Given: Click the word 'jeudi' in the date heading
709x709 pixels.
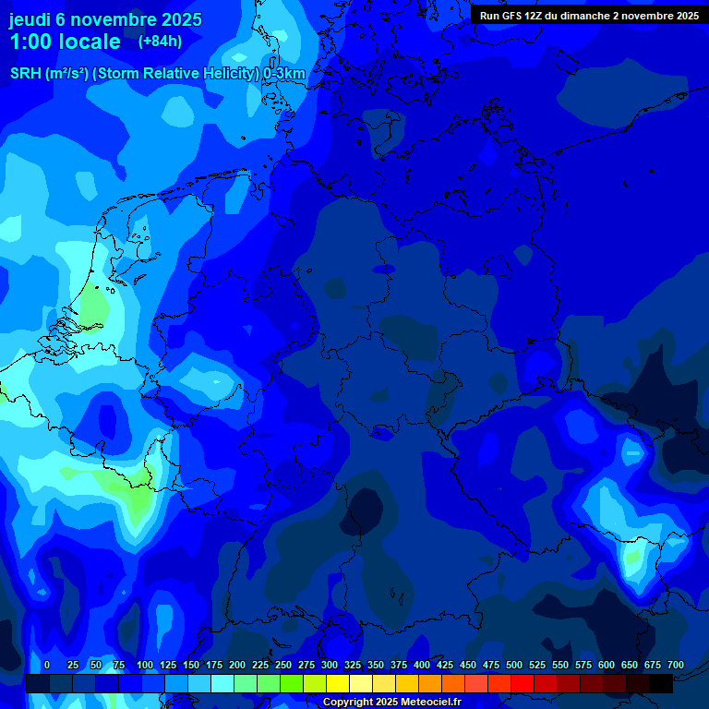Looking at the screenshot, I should pyautogui.click(x=30, y=19).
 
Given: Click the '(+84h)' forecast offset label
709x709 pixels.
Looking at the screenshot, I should pyautogui.click(x=160, y=42).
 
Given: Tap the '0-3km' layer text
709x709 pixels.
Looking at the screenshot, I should pyautogui.click(x=284, y=74).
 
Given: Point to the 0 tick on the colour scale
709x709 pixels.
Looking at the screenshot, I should pyautogui.click(x=47, y=665).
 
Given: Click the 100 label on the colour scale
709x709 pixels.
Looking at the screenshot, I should pyautogui.click(x=144, y=665).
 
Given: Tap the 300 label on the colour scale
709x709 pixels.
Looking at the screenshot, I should pyautogui.click(x=330, y=665).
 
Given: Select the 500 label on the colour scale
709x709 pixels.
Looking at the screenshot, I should pyautogui.click(x=514, y=665).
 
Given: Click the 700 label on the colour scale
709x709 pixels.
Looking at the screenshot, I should pyautogui.click(x=676, y=665).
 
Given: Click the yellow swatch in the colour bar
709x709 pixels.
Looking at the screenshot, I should pyautogui.click(x=338, y=683).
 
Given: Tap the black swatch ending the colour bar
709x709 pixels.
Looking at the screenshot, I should pyautogui.click(x=661, y=683).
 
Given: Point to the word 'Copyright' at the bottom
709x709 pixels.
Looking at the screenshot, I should pyautogui.click(x=348, y=703).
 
